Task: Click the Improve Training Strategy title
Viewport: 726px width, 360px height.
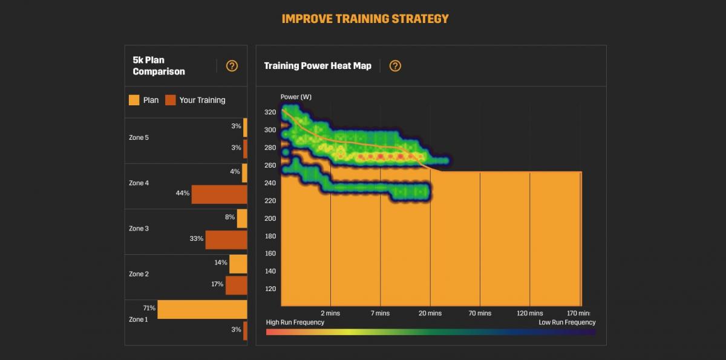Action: tap(365, 19)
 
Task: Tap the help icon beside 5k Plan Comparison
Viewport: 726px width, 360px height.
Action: tap(232, 66)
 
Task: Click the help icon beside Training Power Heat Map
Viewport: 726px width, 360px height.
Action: tap(395, 66)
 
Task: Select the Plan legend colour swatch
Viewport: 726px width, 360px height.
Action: tap(134, 100)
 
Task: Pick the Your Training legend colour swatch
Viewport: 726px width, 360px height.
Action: tap(170, 100)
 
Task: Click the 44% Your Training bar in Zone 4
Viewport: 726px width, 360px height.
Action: tap(219, 194)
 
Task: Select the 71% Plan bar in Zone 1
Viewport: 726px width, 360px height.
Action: tap(202, 309)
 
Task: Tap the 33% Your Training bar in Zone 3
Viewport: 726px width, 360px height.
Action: tap(226, 240)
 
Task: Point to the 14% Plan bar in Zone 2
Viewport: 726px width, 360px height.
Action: tap(238, 264)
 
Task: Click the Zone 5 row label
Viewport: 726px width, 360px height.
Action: tap(139, 138)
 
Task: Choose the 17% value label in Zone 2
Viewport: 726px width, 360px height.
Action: tap(217, 284)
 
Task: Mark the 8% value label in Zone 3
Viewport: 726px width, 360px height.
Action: tap(230, 217)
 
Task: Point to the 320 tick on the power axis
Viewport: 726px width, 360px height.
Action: tap(270, 113)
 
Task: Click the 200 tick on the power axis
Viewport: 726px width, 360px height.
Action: tap(270, 218)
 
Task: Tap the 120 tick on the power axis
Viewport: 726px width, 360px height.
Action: tap(270, 289)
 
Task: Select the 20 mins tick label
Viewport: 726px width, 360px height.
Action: tap(430, 313)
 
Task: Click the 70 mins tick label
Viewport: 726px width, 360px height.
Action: tap(480, 313)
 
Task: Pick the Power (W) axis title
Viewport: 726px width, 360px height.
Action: tap(296, 97)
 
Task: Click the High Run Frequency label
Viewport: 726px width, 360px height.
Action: tap(295, 322)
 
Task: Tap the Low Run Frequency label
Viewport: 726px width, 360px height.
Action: tap(567, 322)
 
